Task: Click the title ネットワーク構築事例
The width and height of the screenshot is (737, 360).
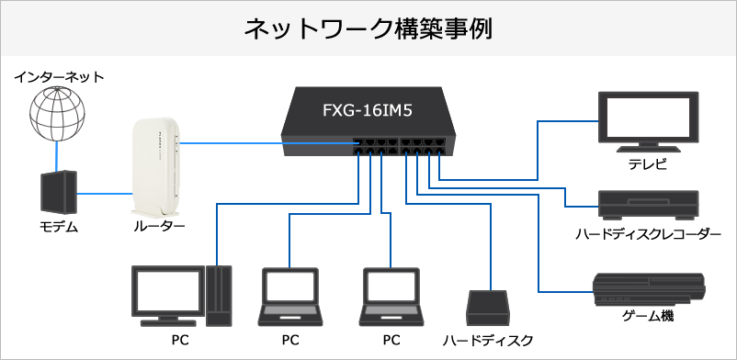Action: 368,28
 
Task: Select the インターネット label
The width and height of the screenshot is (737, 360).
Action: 58,78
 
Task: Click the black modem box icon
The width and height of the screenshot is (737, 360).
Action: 58,192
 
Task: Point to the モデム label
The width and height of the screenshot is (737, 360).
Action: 58,227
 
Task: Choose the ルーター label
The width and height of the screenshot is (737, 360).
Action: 154,227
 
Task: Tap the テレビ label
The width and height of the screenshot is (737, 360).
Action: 647,165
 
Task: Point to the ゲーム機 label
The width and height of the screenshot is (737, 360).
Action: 648,317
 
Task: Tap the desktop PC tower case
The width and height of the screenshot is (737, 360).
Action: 219,296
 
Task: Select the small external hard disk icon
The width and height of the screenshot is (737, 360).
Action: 487,306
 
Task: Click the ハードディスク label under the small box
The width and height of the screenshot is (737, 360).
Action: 488,341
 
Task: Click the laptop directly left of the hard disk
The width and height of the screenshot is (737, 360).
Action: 391,298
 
